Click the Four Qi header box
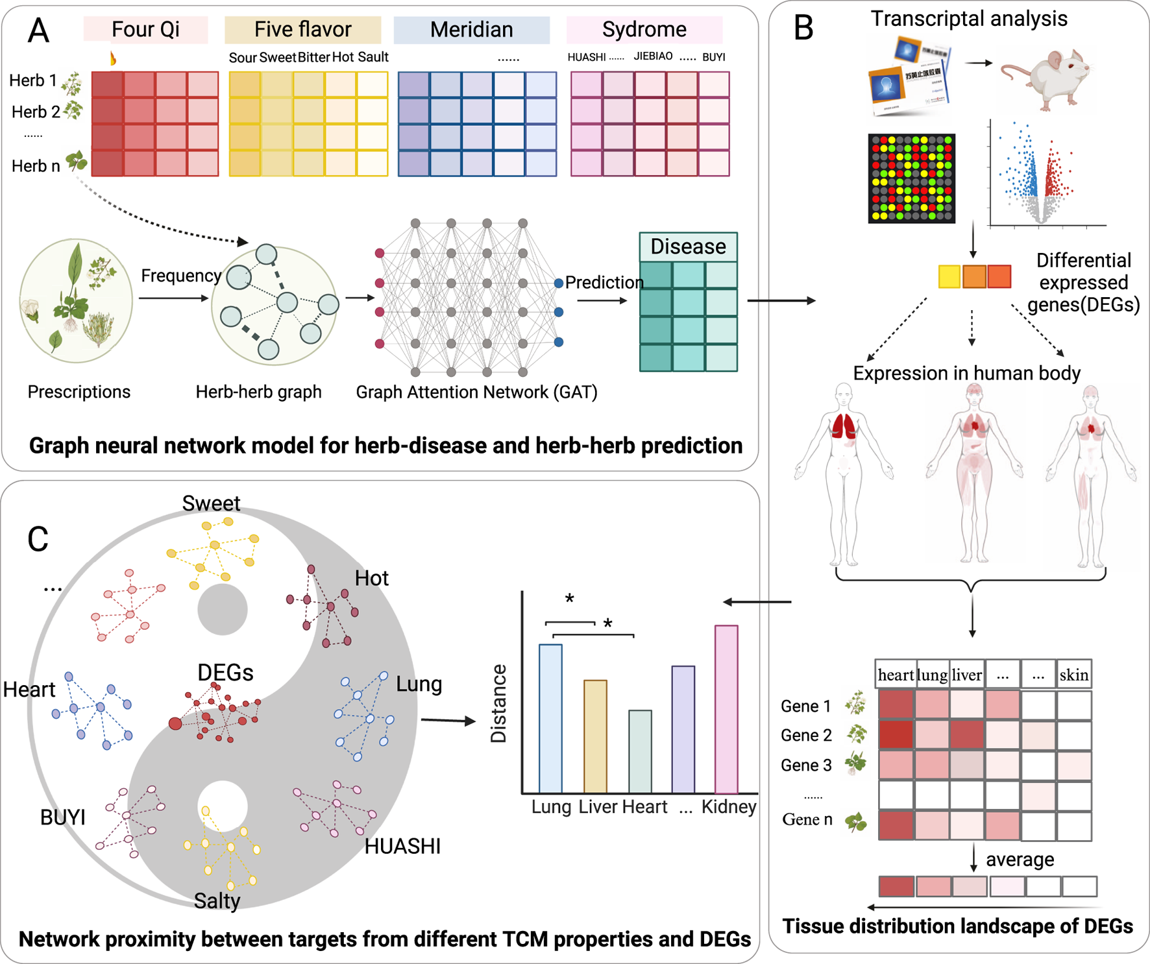[145, 29]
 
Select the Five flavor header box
[302, 29]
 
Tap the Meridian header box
[471, 29]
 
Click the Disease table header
[688, 247]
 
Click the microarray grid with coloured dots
[911, 178]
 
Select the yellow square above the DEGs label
[949, 276]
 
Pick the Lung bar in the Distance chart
[550, 718]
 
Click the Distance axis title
[498, 703]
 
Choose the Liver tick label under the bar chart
[598, 807]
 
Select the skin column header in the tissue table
[1073, 675]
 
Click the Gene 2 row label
[805, 735]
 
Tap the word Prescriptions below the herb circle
[79, 392]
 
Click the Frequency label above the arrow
[181, 276]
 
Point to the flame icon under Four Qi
[113, 58]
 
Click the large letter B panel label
[803, 28]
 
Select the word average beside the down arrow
[1020, 860]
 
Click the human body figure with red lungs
[843, 474]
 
